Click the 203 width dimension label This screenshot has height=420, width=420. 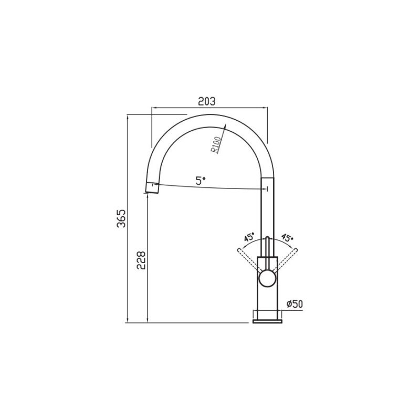(x=206, y=101)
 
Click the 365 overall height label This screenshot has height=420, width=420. (x=121, y=218)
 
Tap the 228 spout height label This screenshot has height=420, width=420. (x=141, y=260)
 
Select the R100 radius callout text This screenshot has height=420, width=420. (x=216, y=145)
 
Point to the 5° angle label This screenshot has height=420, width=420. (x=201, y=181)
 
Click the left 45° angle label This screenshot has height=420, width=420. (x=249, y=237)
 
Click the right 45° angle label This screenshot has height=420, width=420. (x=287, y=237)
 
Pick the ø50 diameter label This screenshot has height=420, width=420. (x=295, y=304)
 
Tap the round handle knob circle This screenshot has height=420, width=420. (x=267, y=279)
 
